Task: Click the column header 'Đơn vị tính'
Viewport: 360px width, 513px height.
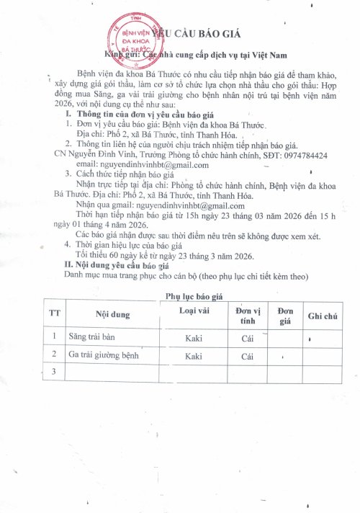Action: [x=247, y=315]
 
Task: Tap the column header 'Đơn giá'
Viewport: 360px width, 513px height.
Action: [x=286, y=315]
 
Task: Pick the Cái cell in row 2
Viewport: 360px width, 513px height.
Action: [x=247, y=356]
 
